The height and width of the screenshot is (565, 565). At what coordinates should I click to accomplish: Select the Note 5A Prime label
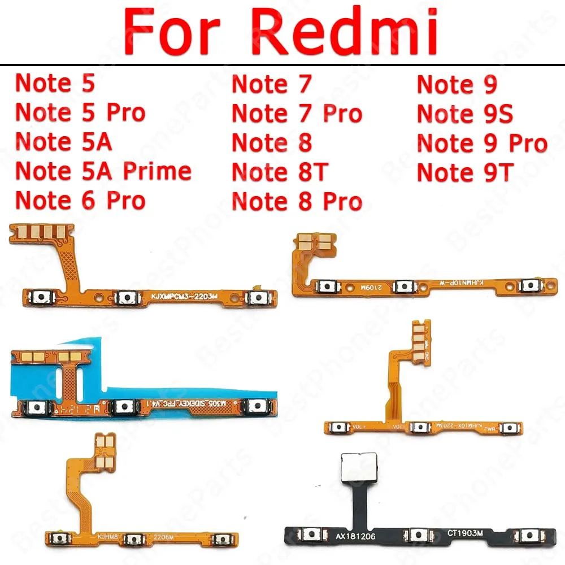click(103, 171)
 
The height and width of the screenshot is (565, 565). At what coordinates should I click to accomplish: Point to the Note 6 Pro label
click(80, 201)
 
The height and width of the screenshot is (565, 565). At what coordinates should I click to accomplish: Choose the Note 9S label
click(465, 114)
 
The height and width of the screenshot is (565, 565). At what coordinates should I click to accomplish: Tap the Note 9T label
click(464, 172)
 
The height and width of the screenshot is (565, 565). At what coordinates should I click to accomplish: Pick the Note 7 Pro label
click(297, 114)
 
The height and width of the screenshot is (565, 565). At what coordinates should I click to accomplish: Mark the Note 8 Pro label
click(297, 201)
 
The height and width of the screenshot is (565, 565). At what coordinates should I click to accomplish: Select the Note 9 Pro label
click(482, 143)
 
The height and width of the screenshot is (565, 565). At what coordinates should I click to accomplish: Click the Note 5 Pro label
click(80, 113)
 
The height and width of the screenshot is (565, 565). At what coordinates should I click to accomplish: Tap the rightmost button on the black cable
click(531, 536)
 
